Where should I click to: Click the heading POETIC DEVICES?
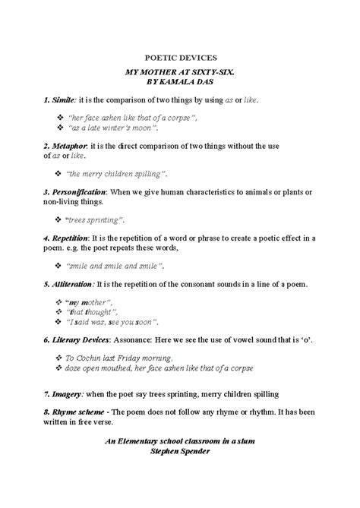click(x=180, y=57)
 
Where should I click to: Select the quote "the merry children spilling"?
click(x=117, y=174)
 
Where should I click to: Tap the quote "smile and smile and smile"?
click(x=115, y=266)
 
